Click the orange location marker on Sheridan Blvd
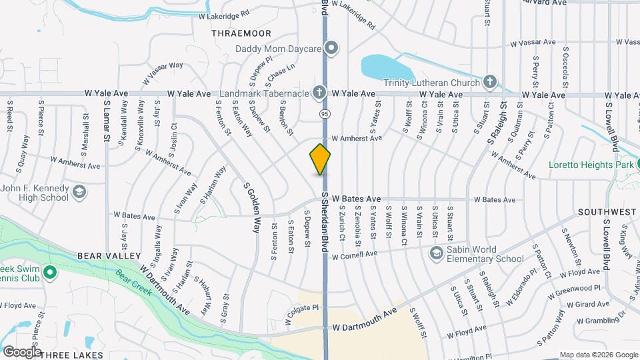tap(321, 159)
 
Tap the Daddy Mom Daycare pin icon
tap(332, 48)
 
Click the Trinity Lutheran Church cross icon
tap(490, 83)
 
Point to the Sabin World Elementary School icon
tap(437, 253)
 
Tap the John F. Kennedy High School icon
tap(79, 193)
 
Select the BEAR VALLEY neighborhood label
tap(109, 256)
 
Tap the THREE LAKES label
tap(71, 355)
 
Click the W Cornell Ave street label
tap(354, 255)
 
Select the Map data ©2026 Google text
tap(598, 355)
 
